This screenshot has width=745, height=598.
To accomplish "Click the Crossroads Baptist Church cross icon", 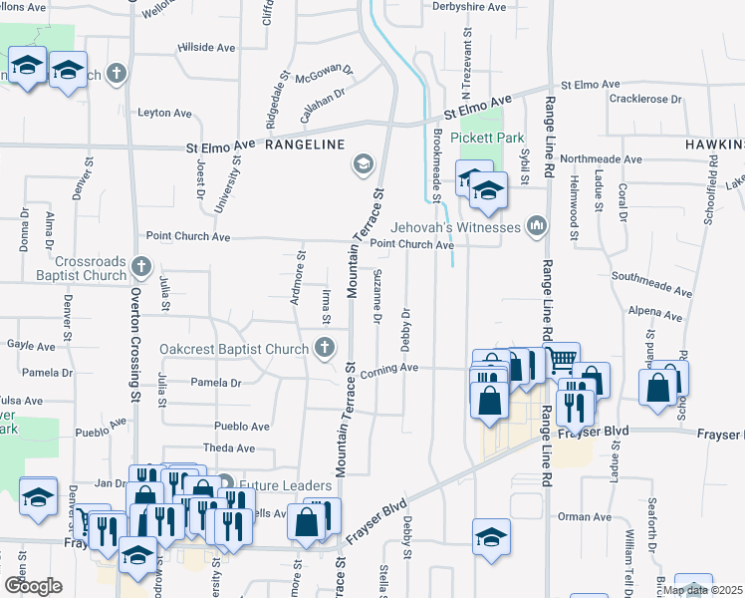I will click(x=140, y=267).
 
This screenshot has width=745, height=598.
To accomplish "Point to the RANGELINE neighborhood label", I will click(x=305, y=145).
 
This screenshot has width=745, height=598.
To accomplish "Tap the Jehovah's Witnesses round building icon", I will click(x=537, y=226).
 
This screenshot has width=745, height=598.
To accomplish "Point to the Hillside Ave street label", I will click(x=205, y=47).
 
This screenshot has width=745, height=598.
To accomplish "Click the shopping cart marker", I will click(x=563, y=358).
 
